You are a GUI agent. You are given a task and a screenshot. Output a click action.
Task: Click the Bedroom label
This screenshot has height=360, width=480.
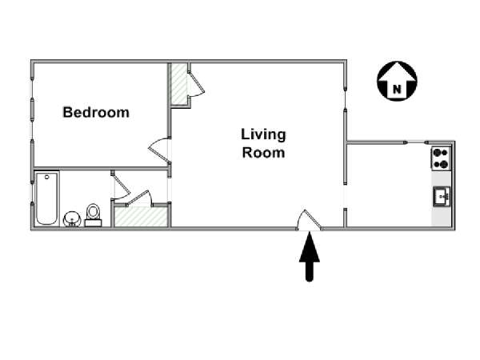click(x=96, y=112)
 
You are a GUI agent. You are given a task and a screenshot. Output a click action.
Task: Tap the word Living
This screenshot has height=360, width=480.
click(x=263, y=134)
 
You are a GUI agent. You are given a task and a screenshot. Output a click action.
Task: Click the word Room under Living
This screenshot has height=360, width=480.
click(x=263, y=153)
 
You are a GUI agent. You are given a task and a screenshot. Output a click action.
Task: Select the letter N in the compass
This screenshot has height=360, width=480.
click(x=397, y=89)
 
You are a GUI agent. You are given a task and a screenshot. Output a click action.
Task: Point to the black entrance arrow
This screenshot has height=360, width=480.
click(x=310, y=257)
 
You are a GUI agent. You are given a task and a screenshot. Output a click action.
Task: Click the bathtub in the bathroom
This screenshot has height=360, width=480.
click(x=46, y=199)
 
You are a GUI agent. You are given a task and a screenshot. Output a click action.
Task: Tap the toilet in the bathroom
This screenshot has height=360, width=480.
click(x=93, y=215)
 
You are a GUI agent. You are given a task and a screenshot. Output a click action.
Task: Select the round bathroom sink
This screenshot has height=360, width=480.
click(x=72, y=219)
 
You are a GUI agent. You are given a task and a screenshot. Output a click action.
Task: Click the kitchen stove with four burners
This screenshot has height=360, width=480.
click(x=441, y=158)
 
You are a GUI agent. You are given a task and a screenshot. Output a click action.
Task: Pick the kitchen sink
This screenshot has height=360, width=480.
click(x=442, y=197)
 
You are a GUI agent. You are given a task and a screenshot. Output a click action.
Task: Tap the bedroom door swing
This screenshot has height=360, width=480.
click(x=158, y=150)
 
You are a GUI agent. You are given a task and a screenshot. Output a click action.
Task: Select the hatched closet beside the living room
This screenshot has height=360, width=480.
click(x=178, y=83)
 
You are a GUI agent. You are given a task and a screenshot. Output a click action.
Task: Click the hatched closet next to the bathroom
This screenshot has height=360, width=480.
click(x=141, y=217)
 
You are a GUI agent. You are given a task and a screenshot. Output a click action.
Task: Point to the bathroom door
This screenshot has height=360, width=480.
click(x=121, y=185)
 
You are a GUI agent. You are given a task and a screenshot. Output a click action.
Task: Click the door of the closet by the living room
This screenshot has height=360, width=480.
click(x=196, y=84)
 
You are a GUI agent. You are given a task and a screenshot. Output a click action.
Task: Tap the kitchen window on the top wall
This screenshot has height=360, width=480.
click(x=416, y=142)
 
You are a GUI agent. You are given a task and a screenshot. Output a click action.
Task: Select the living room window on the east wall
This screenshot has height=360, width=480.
click(x=346, y=98)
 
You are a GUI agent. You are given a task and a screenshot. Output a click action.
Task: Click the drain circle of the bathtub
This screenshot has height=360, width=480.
click(x=47, y=177)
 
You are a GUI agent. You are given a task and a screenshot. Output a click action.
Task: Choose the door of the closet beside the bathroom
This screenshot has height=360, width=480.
click(x=139, y=198)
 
